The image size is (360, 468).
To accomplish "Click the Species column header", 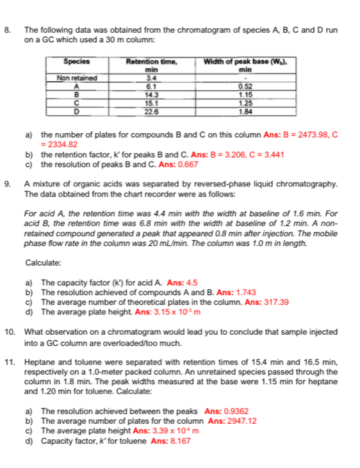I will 77,62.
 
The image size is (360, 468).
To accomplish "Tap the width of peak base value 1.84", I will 243,110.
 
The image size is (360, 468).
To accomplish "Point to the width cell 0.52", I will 243,85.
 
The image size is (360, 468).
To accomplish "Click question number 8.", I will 8,30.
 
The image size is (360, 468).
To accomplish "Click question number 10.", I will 10,332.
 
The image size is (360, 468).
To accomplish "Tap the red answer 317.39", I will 272,302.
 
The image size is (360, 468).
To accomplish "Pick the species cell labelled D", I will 77,110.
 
